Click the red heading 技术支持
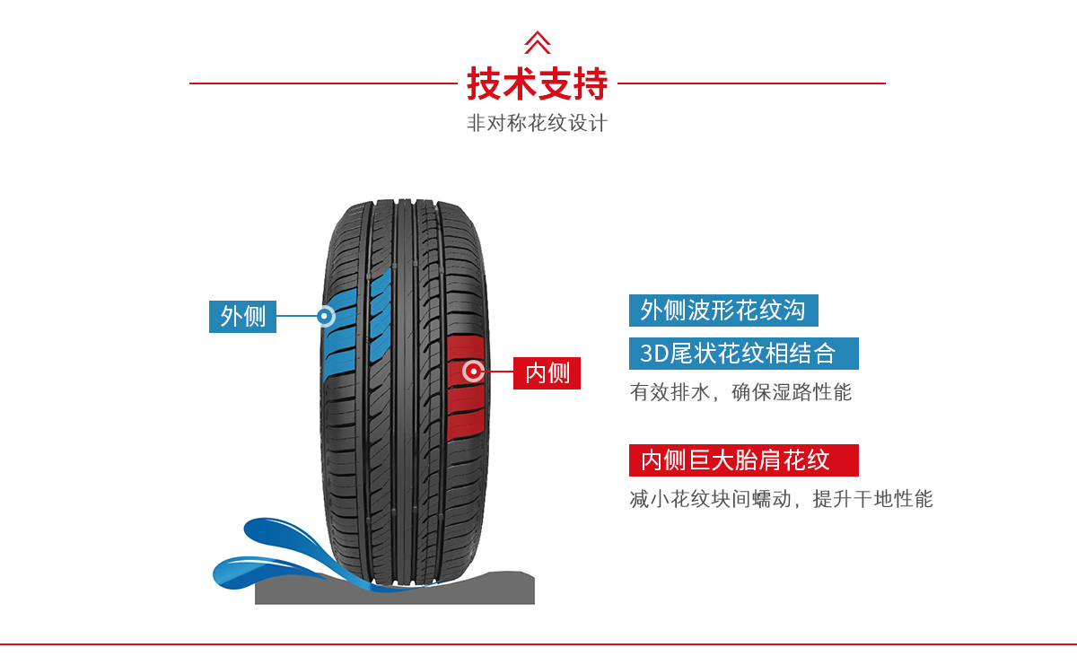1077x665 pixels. [x=537, y=83]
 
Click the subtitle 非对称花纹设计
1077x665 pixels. [x=537, y=123]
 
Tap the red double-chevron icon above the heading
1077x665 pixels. [x=537, y=42]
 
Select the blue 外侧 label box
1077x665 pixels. [x=242, y=316]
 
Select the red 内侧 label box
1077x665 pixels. [x=547, y=372]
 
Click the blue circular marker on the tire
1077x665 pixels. [x=325, y=316]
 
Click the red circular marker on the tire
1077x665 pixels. [x=472, y=371]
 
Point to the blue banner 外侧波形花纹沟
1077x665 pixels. [x=723, y=311]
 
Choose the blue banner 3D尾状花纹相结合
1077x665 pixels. [x=743, y=354]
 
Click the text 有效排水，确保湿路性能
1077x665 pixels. [x=740, y=392]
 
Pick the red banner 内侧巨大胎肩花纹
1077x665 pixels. [x=743, y=460]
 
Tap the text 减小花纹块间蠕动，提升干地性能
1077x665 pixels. [x=781, y=499]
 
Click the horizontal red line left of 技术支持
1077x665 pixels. [x=323, y=83]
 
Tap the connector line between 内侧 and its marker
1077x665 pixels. [x=499, y=372]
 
